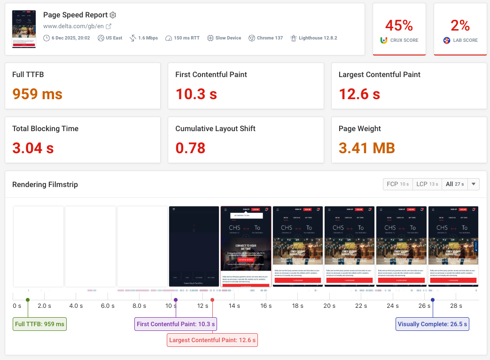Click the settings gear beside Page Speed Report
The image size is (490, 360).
tap(113, 15)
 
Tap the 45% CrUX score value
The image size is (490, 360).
tap(399, 25)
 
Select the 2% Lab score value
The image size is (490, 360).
tap(460, 25)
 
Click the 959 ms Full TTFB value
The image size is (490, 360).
tap(37, 94)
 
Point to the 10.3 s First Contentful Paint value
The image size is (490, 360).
tap(196, 94)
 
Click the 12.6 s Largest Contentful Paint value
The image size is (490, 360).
tap(359, 94)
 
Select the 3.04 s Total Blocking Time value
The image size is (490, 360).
tap(33, 148)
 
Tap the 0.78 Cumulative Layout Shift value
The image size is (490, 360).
tap(190, 148)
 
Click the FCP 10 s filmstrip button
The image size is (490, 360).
tap(397, 184)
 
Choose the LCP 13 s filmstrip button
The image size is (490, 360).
tap(427, 184)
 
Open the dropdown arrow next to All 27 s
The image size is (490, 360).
tap(473, 184)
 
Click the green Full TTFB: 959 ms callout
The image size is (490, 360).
tap(40, 324)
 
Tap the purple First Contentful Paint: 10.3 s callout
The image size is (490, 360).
tap(176, 324)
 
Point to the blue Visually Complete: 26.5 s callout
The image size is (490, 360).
tap(432, 324)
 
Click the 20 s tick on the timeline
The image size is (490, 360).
tap(329, 306)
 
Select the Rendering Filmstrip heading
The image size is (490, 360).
tap(45, 185)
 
